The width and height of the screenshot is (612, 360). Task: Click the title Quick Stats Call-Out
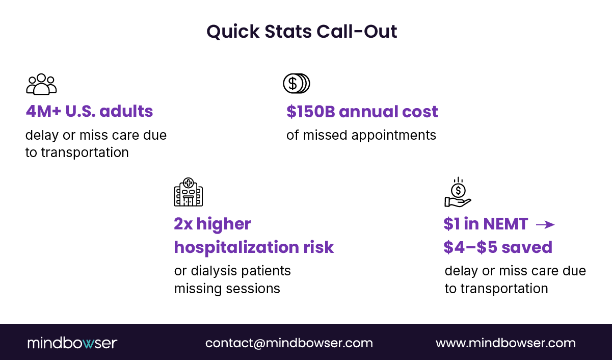click(x=302, y=32)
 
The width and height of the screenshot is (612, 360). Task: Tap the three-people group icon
click(x=41, y=84)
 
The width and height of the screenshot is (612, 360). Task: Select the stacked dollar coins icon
click(x=297, y=84)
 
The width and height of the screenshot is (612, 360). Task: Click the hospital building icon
click(x=188, y=192)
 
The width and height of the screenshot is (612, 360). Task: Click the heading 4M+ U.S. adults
click(x=89, y=111)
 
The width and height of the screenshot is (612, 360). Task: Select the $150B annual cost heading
click(x=362, y=112)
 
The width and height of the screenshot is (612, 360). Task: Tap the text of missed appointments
click(x=361, y=135)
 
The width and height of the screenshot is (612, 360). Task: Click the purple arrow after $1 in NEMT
click(x=545, y=224)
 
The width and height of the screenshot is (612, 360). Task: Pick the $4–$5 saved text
click(x=497, y=247)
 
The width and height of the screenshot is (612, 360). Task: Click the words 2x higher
click(x=212, y=224)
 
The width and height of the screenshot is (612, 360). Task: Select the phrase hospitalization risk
click(x=254, y=247)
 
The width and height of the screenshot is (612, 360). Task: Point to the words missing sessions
click(x=227, y=289)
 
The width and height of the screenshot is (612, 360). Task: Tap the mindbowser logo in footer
click(x=72, y=343)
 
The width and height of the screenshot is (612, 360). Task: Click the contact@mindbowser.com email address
click(x=289, y=343)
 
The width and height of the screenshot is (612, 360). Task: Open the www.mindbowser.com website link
click(x=505, y=343)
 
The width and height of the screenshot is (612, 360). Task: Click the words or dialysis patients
click(x=232, y=270)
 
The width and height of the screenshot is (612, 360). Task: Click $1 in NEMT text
click(x=485, y=224)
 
